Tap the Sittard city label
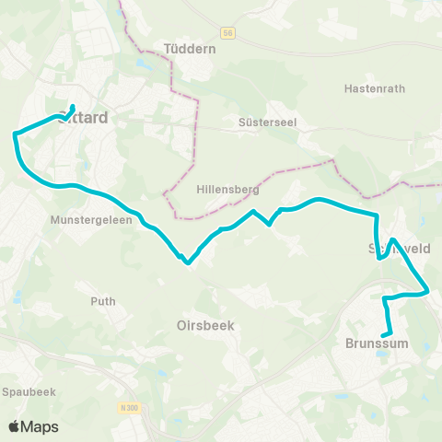(83, 118)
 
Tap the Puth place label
(103, 301)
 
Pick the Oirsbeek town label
(206, 325)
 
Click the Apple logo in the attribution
(14, 426)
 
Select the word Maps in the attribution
(40, 426)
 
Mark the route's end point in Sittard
(73, 108)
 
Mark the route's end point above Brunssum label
(386, 333)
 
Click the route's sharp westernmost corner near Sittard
(15, 134)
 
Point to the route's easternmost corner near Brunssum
(429, 292)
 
